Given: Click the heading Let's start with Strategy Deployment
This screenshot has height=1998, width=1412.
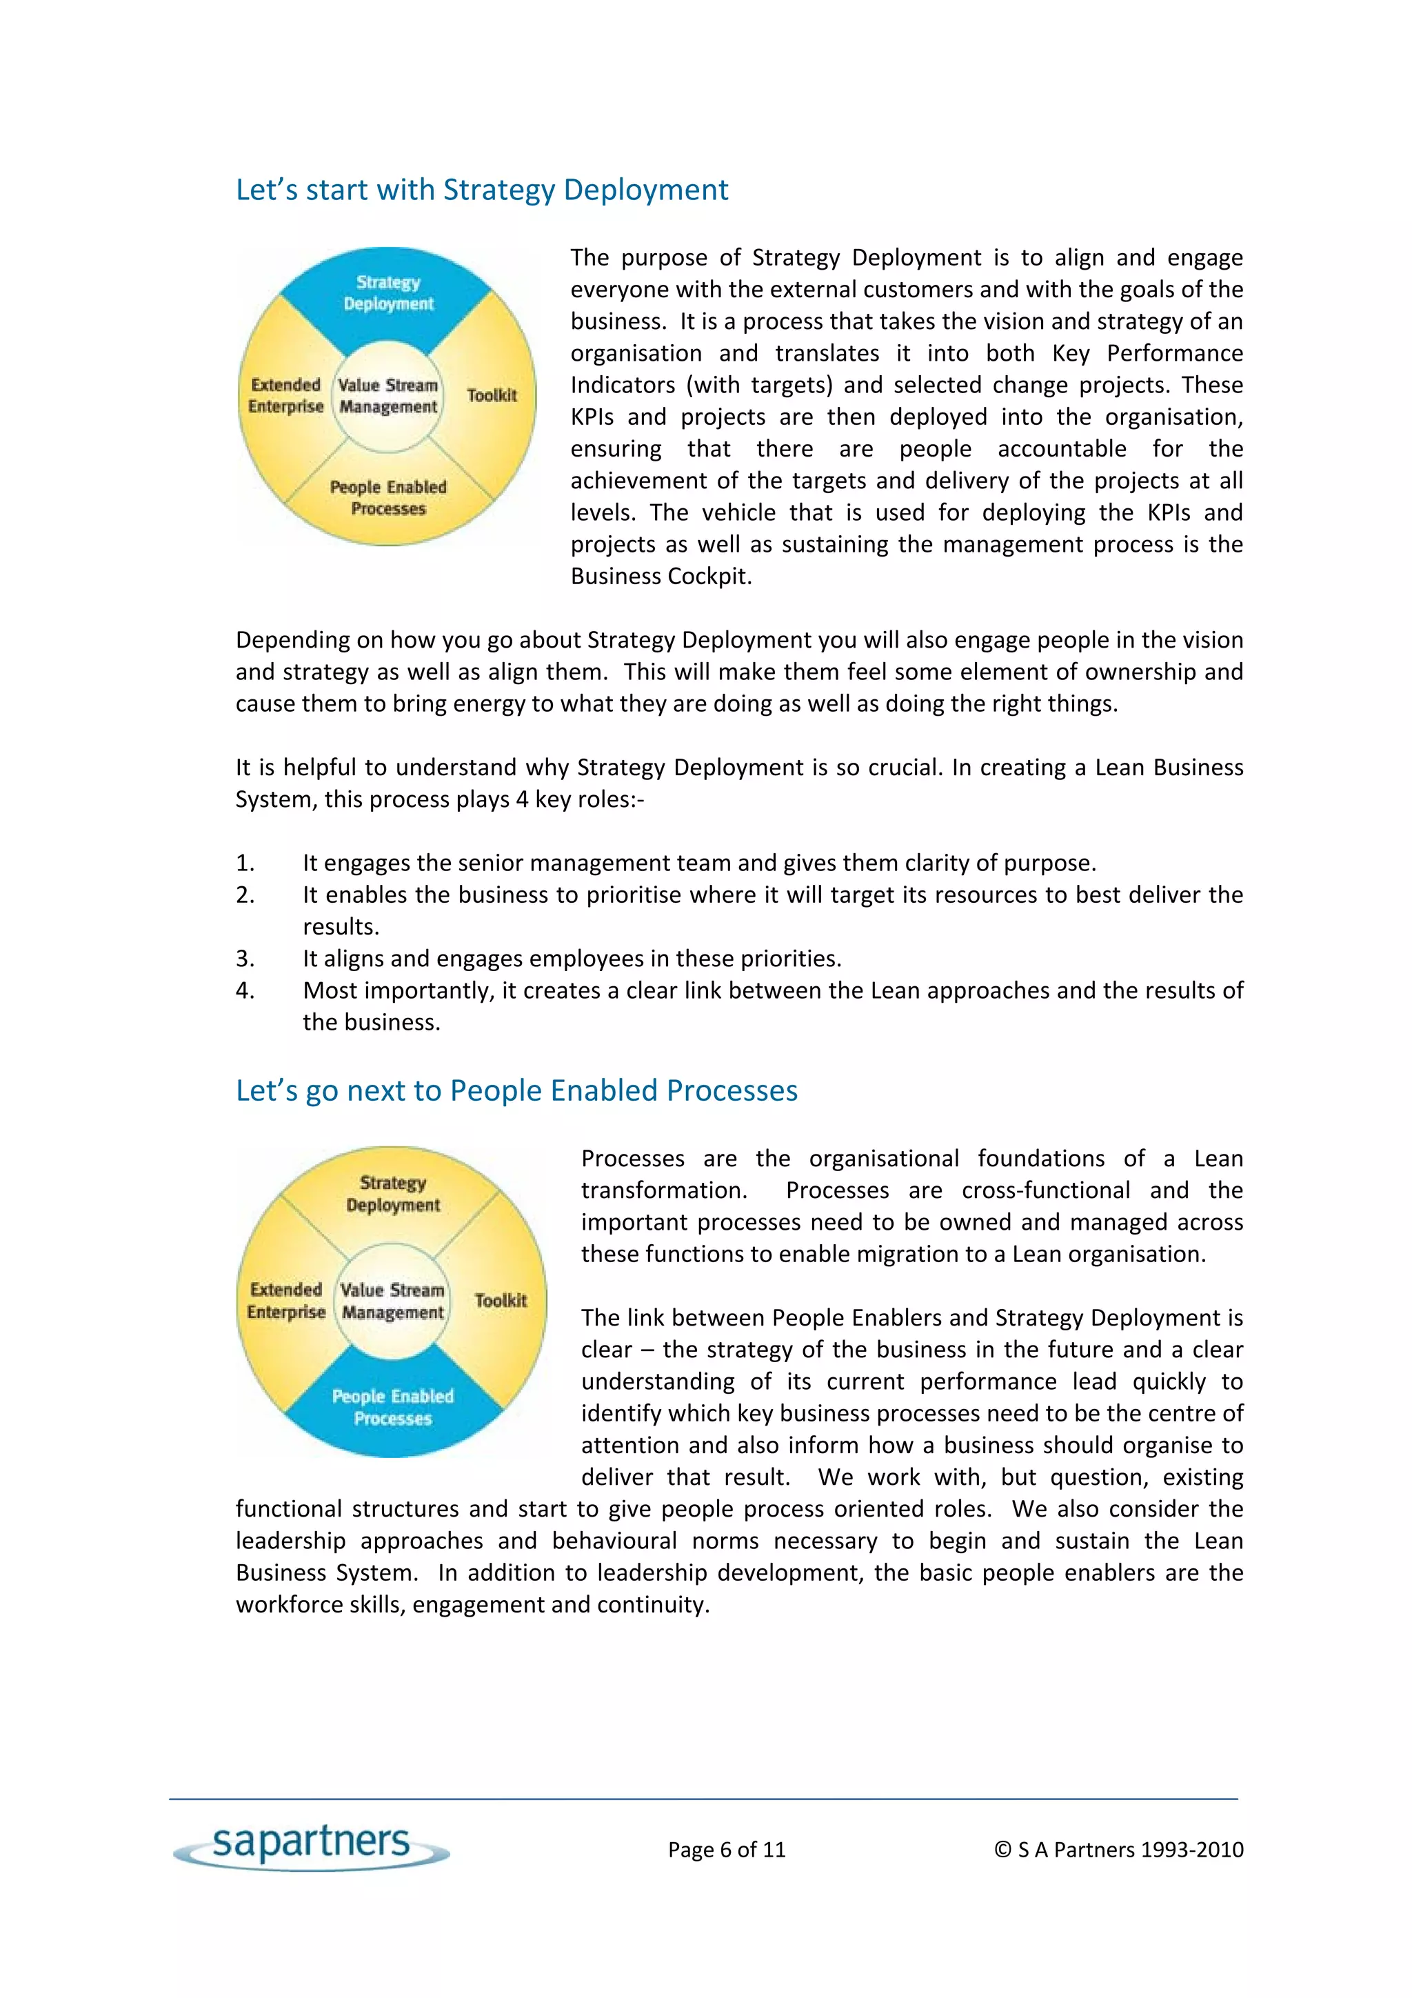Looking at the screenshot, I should tap(481, 190).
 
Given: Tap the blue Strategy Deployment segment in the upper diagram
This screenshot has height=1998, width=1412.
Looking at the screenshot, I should tap(388, 293).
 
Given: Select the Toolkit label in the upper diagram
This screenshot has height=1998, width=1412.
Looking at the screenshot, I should tap(492, 396).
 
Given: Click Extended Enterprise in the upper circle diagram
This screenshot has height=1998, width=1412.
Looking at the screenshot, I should tap(285, 396).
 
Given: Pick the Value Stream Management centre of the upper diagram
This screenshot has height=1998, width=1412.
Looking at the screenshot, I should tap(388, 396).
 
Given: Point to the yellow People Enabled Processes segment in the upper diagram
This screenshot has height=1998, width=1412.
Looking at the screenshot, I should tap(388, 498).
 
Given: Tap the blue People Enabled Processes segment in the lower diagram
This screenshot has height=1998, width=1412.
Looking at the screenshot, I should tap(392, 1407).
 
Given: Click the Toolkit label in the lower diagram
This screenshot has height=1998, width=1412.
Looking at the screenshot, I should tap(501, 1301).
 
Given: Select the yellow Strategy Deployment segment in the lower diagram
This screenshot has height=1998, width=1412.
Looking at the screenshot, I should tap(392, 1194).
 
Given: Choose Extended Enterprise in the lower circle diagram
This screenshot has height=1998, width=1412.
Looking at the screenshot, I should tap(286, 1301).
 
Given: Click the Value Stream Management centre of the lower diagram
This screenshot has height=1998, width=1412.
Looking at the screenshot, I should tap(392, 1301).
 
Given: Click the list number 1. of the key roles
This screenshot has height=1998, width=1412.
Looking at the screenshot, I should tap(245, 863).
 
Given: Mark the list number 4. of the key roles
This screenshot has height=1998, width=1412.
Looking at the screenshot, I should tap(245, 991).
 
